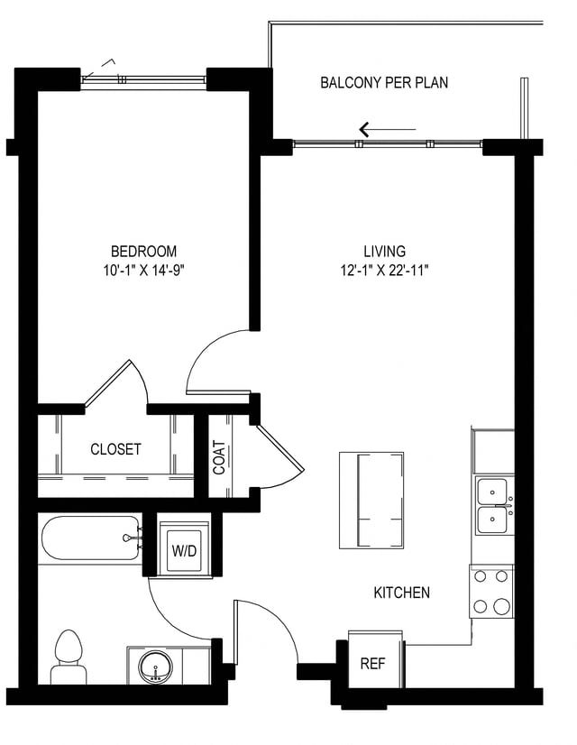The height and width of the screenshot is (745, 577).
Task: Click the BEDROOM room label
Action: pyautogui.click(x=143, y=251)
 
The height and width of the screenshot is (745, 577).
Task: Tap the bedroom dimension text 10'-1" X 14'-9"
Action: pyautogui.click(x=143, y=269)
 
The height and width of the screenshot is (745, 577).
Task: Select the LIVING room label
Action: pyautogui.click(x=384, y=251)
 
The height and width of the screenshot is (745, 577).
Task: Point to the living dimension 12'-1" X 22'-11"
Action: pyautogui.click(x=384, y=269)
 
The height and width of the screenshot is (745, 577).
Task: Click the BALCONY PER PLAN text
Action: pyautogui.click(x=384, y=83)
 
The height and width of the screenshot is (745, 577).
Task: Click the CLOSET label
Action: pyautogui.click(x=115, y=449)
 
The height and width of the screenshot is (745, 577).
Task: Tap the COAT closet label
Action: pyautogui.click(x=219, y=457)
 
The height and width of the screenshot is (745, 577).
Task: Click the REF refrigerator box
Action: pyautogui.click(x=372, y=664)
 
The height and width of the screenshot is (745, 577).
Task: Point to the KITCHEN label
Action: pyautogui.click(x=401, y=593)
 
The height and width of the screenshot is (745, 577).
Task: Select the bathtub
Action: pyautogui.click(x=90, y=539)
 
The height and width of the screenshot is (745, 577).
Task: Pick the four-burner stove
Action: pyautogui.click(x=491, y=592)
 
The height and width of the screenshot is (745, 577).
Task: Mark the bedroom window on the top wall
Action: pyautogui.click(x=144, y=79)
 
